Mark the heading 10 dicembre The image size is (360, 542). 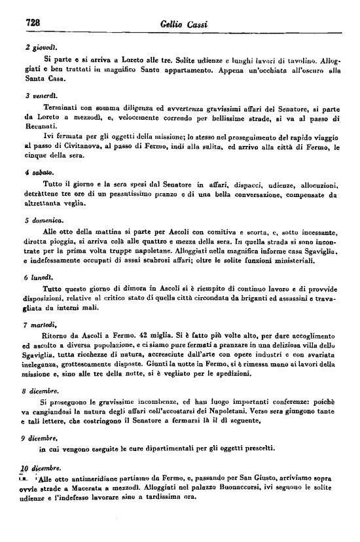tap(43, 467)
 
